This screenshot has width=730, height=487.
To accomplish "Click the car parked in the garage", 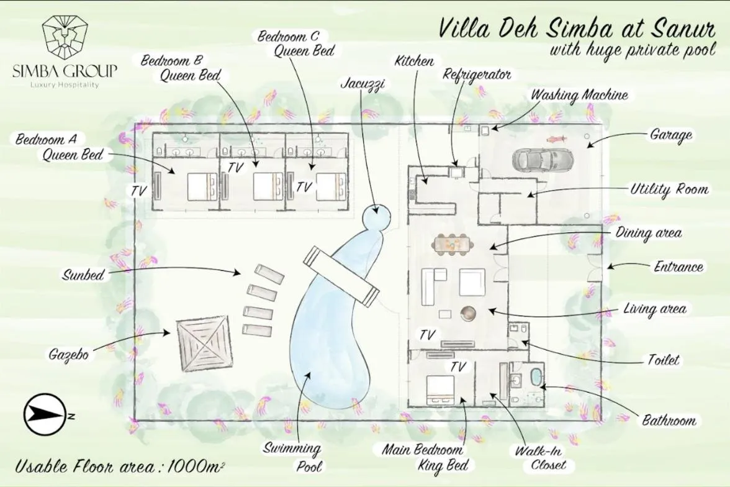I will coord(542,160).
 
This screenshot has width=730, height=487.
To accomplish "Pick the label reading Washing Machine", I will coord(579,96).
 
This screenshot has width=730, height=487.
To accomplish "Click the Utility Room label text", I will coord(669,189).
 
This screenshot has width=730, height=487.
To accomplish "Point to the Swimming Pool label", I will coord(292,456).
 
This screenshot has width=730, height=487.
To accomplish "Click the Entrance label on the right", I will coord(678,267).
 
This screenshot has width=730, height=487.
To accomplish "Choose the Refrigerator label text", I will coord(477,75).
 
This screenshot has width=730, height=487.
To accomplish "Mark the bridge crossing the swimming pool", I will coord(341,276).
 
